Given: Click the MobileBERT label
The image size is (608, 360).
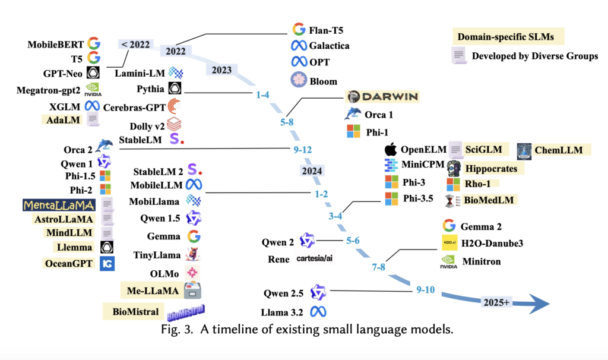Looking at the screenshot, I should (55, 43).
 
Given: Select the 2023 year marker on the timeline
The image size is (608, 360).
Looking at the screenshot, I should (221, 70).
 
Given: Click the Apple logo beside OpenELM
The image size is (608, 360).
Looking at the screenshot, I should (390, 149).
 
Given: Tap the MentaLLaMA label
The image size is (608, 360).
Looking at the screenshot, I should (59, 205).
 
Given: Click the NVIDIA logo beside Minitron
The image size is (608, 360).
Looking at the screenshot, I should (449, 261).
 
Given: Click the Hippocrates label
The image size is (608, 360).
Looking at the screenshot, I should (490, 169).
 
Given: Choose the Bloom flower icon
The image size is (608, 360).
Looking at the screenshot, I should (298, 80).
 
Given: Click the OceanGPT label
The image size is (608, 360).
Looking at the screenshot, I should (69, 263).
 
